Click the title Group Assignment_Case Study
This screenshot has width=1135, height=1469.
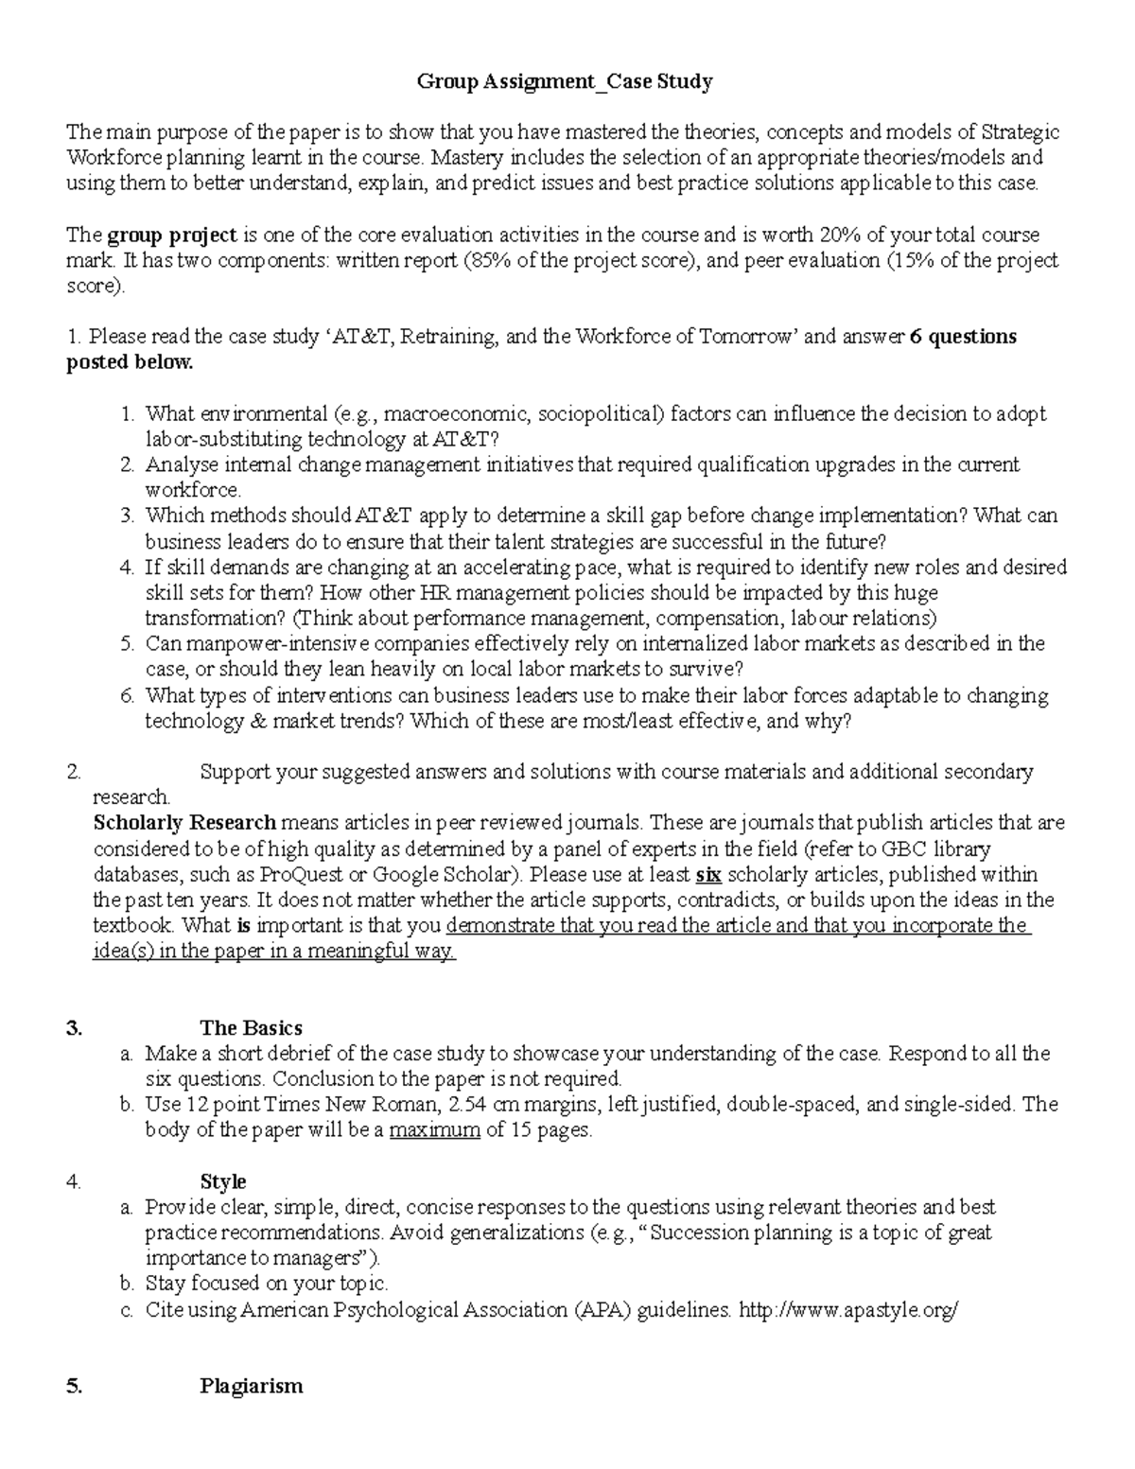[565, 82]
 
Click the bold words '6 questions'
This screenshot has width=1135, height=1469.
[963, 337]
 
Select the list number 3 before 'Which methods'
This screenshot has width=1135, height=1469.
[128, 516]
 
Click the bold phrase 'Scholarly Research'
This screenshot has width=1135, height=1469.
[184, 822]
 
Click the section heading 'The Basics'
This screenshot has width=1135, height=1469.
[251, 1028]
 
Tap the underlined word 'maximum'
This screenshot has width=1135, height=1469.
[434, 1130]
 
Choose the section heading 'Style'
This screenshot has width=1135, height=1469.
[223, 1181]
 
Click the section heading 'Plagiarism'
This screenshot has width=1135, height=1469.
[251, 1387]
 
